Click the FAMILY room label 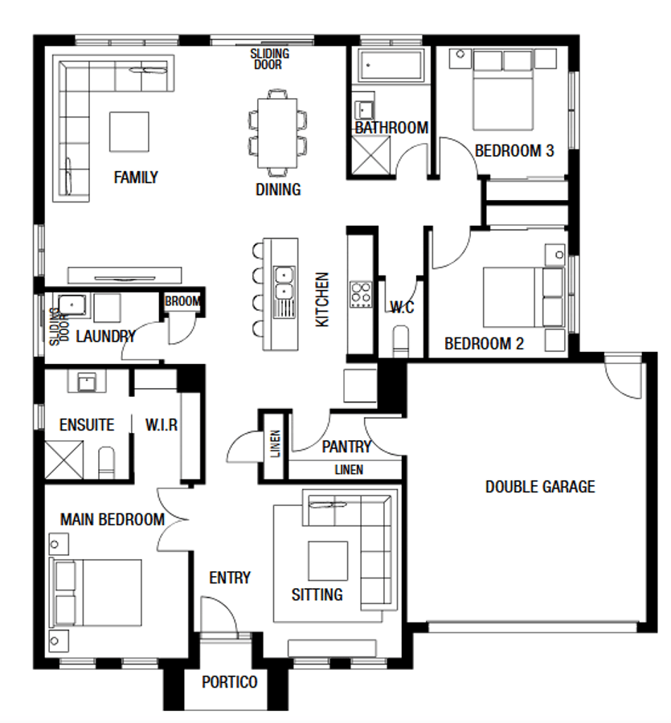click(x=136, y=178)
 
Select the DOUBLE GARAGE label click(x=540, y=487)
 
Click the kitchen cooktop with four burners click(x=360, y=294)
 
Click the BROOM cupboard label click(x=182, y=302)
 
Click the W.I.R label click(x=161, y=424)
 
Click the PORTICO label click(x=230, y=682)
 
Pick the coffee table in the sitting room click(x=329, y=561)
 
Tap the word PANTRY click(x=346, y=447)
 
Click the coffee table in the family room click(x=129, y=130)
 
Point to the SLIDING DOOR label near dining click(x=269, y=59)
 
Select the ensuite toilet click(x=107, y=462)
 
